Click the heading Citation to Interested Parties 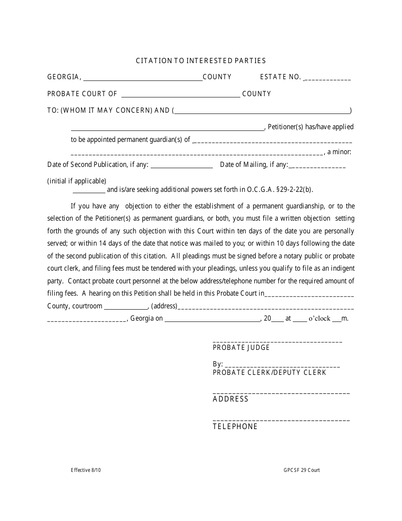point(201,61)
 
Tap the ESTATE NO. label point(281,77)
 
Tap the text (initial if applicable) point(77,181)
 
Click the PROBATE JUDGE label point(241,348)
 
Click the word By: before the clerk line point(218,364)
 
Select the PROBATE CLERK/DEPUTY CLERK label point(270,373)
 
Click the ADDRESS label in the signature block point(231,399)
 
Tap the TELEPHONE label point(235,427)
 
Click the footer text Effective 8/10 point(86,470)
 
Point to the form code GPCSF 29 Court point(302,470)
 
